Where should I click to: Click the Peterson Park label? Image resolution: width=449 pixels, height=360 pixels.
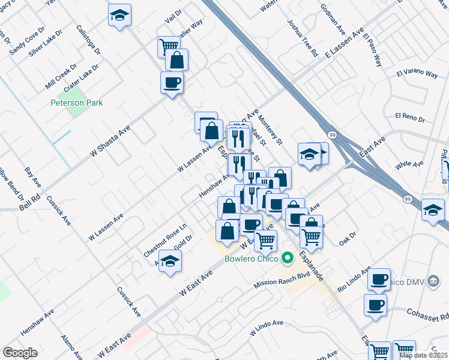76,103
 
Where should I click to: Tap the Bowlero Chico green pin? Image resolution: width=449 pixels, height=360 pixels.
288,259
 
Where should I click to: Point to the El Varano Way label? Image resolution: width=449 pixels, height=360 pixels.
417,74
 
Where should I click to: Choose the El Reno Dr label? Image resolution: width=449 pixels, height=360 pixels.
409,115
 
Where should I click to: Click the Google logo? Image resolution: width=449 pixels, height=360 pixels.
20,353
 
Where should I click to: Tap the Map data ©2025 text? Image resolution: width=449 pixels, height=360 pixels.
423,355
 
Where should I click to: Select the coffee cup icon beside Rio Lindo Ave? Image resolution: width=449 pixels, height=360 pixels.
379,279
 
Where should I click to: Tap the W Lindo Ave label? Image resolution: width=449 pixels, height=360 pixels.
266,324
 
